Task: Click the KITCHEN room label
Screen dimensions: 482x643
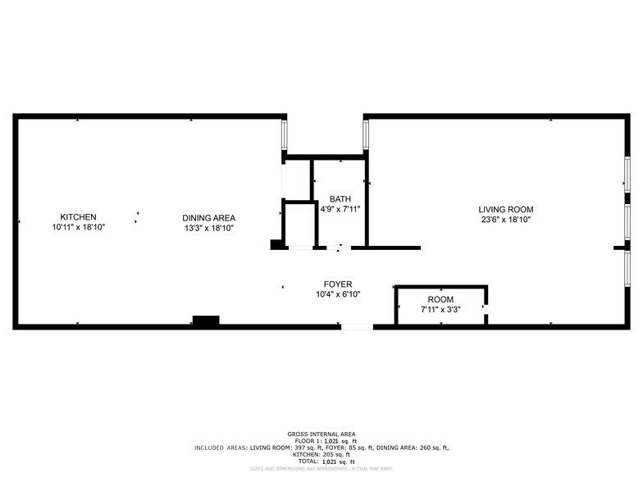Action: pyautogui.click(x=78, y=217)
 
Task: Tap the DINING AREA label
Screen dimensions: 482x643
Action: pyautogui.click(x=208, y=217)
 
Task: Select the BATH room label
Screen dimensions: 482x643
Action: pyautogui.click(x=340, y=199)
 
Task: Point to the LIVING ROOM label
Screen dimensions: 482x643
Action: pyautogui.click(x=506, y=210)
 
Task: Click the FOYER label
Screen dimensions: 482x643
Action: pyautogui.click(x=337, y=284)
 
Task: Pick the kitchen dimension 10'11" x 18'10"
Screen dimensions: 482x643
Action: pyautogui.click(x=78, y=227)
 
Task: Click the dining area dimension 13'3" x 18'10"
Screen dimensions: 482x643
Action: pyautogui.click(x=208, y=228)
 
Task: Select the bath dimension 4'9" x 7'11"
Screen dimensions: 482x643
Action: pyautogui.click(x=340, y=209)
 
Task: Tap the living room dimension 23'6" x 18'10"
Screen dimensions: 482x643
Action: pyautogui.click(x=506, y=220)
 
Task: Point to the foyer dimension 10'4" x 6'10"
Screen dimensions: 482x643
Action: pyautogui.click(x=337, y=294)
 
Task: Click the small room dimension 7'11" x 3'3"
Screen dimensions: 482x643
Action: pyautogui.click(x=440, y=310)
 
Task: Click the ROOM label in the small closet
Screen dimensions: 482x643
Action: pyautogui.click(x=440, y=300)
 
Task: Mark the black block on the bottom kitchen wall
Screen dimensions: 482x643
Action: pyautogui.click(x=206, y=321)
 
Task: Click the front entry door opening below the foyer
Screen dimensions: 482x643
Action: pyautogui.click(x=357, y=327)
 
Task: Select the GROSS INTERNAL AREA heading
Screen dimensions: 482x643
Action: pyautogui.click(x=321, y=434)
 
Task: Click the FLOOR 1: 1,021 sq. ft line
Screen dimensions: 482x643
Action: pyautogui.click(x=321, y=441)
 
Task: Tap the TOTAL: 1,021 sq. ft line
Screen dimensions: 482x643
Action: pyautogui.click(x=321, y=462)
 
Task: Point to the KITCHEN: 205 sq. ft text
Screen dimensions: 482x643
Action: pyautogui.click(x=321, y=454)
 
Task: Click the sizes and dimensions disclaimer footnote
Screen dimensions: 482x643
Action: pyautogui.click(x=321, y=469)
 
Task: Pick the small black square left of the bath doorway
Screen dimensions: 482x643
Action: pyautogui.click(x=276, y=243)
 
